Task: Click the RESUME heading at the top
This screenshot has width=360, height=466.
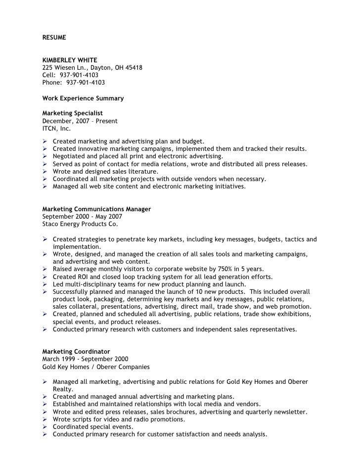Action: click(54, 38)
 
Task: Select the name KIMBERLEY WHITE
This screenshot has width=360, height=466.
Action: click(69, 60)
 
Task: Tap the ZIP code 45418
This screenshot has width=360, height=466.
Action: click(134, 68)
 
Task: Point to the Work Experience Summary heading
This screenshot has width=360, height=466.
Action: click(83, 98)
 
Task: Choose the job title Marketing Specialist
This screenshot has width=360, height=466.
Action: click(72, 113)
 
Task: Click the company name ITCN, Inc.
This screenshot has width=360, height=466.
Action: click(56, 128)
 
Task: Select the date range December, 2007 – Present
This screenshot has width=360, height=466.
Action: click(80, 121)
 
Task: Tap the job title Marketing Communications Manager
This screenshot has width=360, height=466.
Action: click(96, 209)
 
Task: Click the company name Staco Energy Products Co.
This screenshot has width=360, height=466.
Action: click(80, 224)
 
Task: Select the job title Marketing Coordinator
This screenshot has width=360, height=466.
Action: click(76, 352)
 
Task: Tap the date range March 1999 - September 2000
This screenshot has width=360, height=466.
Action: click(85, 359)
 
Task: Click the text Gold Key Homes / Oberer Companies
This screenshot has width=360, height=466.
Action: click(96, 367)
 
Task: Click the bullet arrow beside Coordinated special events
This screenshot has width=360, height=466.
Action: click(45, 427)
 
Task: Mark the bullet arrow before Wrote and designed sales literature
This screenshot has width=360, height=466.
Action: click(45, 172)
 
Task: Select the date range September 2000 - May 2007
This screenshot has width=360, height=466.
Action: click(82, 217)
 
